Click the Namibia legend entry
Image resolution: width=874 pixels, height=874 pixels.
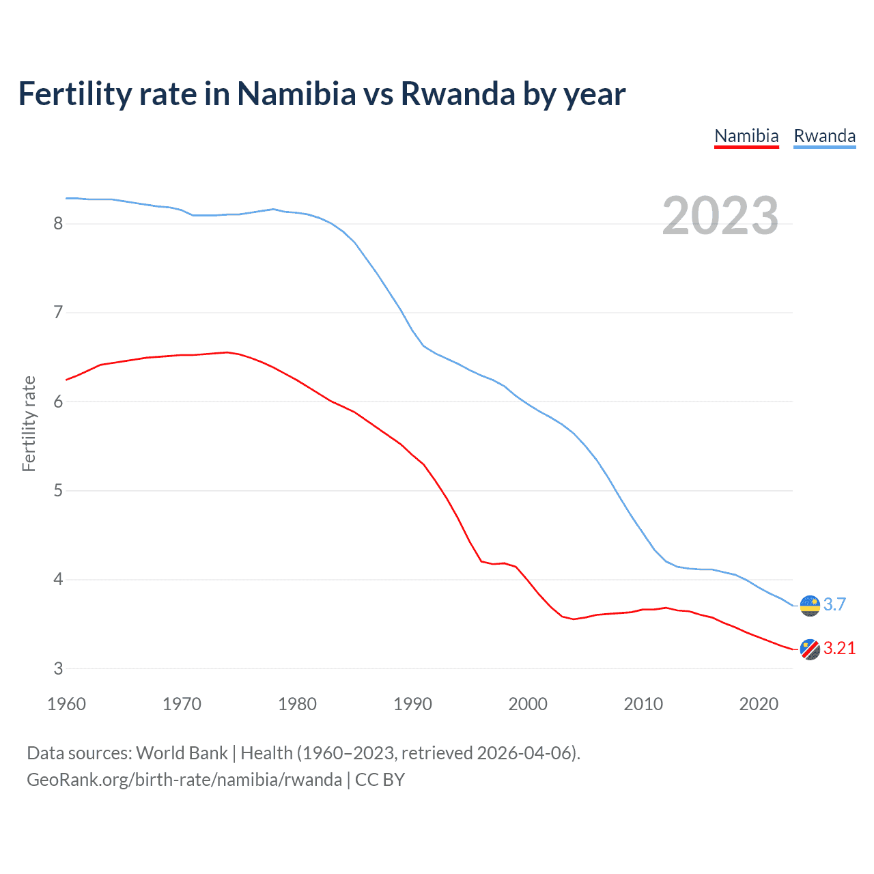tap(746, 136)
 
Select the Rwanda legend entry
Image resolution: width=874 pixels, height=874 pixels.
tap(824, 136)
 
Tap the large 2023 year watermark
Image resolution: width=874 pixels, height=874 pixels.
tap(720, 216)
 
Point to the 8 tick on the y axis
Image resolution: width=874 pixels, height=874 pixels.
tap(58, 223)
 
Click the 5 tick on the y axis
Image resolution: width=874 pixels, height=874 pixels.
tap(58, 490)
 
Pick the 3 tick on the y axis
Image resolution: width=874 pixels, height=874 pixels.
tap(58, 668)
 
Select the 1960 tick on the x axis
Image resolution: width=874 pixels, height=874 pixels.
tap(66, 704)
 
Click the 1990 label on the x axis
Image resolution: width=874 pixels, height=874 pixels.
tap(412, 704)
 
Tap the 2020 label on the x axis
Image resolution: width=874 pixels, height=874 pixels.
tap(759, 704)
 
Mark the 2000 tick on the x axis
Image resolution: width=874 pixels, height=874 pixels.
tap(528, 704)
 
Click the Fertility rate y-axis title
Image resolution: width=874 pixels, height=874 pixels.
tap(29, 423)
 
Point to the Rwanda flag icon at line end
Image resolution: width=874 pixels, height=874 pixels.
tap(810, 606)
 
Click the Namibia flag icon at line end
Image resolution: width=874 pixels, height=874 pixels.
tap(810, 649)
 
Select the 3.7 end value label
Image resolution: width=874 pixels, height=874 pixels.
tap(834, 605)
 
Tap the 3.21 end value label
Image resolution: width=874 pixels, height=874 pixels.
tap(839, 649)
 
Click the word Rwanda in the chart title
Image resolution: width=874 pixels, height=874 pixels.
tap(457, 94)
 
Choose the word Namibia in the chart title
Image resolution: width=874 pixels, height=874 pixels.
tap(296, 94)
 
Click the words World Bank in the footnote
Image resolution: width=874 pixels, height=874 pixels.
tap(182, 752)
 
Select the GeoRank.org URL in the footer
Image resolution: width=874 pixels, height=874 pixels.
tap(184, 780)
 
